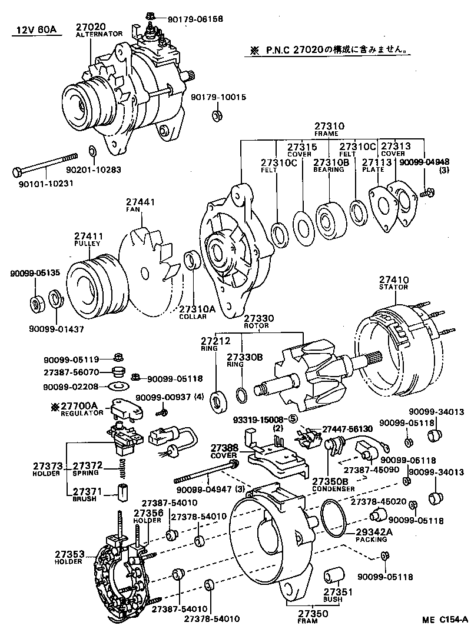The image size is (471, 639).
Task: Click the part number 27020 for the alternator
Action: [x=91, y=26]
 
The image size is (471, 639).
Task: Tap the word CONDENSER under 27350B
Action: [x=334, y=488]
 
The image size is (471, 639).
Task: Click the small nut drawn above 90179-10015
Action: [x=215, y=112]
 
